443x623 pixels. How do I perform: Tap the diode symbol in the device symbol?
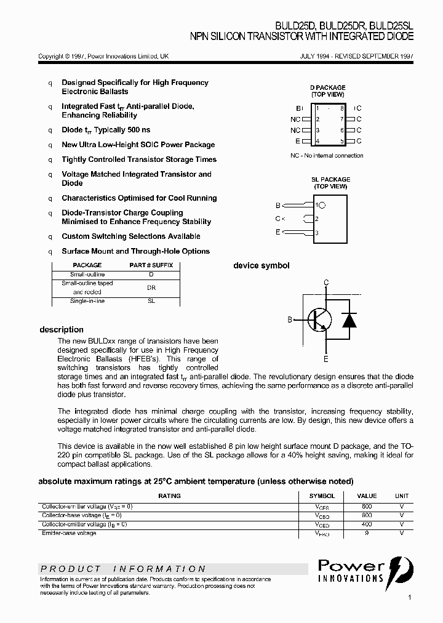349,320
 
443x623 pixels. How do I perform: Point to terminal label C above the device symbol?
326,283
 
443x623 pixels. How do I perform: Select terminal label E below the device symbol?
326,359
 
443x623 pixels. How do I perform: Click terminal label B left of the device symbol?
290,320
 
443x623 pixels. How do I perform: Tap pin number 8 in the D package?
341,108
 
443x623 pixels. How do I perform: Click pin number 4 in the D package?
317,141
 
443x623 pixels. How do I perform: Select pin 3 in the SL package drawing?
316,233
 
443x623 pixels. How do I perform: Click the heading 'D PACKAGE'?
327,88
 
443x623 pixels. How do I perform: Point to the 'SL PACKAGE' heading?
330,180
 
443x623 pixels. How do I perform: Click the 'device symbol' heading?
261,266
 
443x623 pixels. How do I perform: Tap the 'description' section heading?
62,329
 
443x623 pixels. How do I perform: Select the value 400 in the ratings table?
367,525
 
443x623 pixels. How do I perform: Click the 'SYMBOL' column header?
322,496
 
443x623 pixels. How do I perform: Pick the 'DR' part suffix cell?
151,287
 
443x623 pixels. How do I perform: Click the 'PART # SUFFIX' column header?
151,265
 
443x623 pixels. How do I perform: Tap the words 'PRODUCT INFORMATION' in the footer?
123,569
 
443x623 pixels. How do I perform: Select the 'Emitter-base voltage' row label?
69,533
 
